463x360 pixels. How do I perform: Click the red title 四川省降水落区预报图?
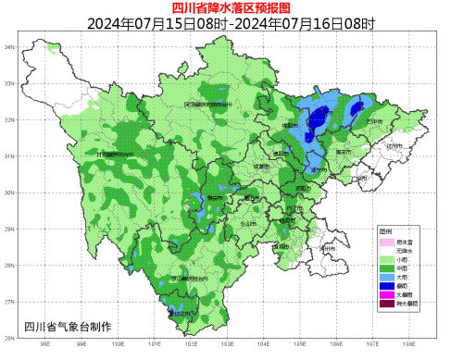pyautogui.click(x=231, y=8)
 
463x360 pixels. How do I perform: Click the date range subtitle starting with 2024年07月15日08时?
pyautogui.click(x=231, y=23)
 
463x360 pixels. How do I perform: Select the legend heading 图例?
pyautogui.click(x=385, y=230)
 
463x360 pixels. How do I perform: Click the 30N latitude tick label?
pyautogui.click(x=8, y=193)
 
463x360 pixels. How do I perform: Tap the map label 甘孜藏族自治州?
pyautogui.click(x=116, y=154)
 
